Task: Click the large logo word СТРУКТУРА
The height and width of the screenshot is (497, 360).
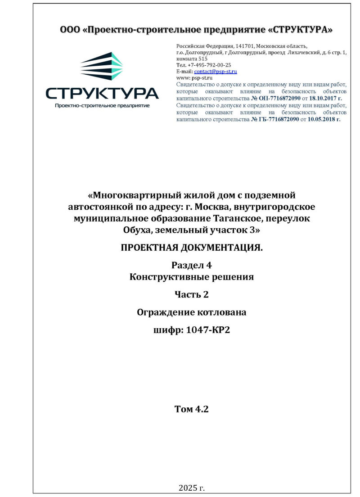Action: (x=102, y=93)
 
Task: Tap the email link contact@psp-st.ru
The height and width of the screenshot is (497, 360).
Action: (x=216, y=72)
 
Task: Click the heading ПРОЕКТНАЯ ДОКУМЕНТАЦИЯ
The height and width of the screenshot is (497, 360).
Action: (x=192, y=248)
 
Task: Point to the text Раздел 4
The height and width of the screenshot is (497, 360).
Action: (x=192, y=266)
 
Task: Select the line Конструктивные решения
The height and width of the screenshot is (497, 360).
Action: (x=192, y=277)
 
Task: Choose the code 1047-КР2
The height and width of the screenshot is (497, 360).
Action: (x=208, y=331)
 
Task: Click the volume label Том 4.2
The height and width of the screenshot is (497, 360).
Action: (x=192, y=409)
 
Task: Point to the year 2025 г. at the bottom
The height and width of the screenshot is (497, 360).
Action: (x=192, y=488)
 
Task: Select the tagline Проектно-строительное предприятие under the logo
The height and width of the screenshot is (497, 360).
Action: (x=102, y=106)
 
